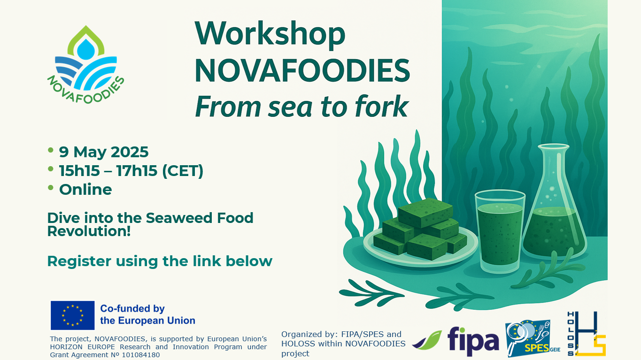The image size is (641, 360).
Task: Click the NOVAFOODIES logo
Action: pos(86,65)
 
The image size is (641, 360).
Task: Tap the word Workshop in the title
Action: pos(270,34)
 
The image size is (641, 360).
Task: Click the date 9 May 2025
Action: pos(104,152)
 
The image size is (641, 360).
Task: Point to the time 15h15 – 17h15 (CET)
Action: pos(131,171)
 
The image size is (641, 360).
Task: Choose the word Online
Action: pos(85,190)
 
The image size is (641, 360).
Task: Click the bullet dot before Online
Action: pos(51,188)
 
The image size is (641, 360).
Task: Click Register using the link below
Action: pos(160,261)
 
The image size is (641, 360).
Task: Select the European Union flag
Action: pos(73,315)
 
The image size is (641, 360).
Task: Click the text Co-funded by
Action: pos(132,308)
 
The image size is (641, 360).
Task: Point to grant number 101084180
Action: pos(141,355)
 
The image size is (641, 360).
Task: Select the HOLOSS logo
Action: pos(587,334)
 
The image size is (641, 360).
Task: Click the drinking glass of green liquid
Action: pos(500,231)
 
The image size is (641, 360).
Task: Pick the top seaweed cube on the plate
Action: pos(425,213)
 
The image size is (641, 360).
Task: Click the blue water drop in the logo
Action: pos(86,49)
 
